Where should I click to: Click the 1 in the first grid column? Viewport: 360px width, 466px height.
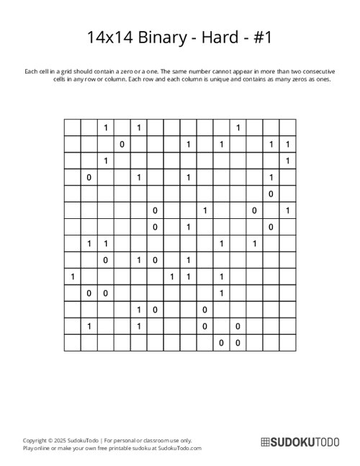pyautogui.click(x=72, y=276)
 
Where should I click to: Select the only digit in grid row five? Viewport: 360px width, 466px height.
pyautogui.click(x=271, y=194)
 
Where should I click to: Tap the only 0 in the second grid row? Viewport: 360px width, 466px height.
pyautogui.click(x=122, y=144)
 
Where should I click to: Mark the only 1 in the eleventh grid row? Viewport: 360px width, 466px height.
pyautogui.click(x=221, y=292)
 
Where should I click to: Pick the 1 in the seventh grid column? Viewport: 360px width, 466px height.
pyautogui.click(x=171, y=276)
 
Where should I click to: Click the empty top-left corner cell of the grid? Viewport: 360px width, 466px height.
pyautogui.click(x=72, y=127)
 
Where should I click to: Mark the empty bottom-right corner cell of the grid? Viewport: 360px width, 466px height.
pyautogui.click(x=287, y=342)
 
